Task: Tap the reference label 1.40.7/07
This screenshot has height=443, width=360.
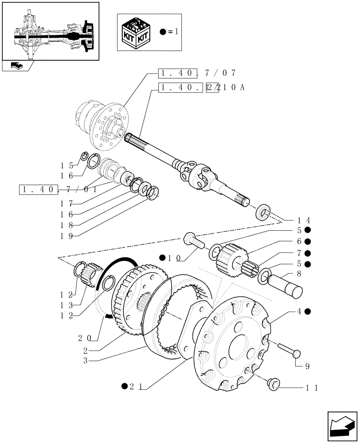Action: [198, 73]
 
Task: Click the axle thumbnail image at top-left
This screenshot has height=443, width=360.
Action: [50, 30]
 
